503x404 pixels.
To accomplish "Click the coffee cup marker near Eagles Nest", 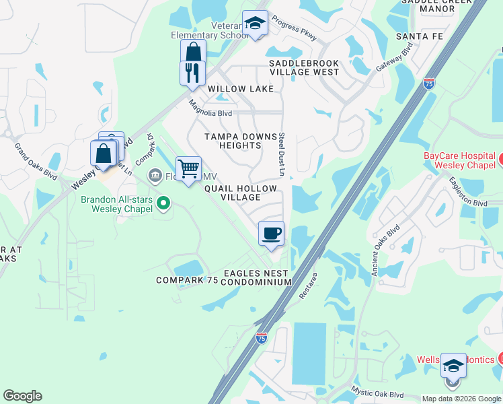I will tap(271, 234).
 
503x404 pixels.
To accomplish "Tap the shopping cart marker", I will tap(188, 168).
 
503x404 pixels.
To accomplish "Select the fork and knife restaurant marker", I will tap(192, 73).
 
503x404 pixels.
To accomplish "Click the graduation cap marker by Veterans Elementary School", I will tap(255, 24).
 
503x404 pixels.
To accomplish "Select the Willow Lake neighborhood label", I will tap(240, 89).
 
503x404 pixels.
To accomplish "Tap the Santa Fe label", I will tap(420, 36).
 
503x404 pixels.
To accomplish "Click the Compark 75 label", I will tap(187, 280).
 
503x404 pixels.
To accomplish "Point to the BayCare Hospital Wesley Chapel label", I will tap(459, 160).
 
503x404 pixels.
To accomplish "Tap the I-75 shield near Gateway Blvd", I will tap(429, 83).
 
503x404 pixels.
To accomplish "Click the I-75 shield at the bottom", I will tap(261, 337).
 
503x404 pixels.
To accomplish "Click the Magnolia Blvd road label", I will tap(210, 108).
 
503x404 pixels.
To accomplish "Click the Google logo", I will tap(22, 396).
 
